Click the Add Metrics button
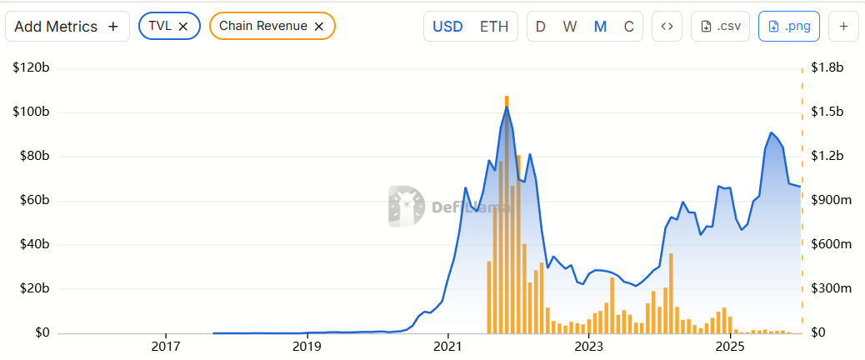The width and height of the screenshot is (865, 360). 67,26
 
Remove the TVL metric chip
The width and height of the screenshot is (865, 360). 183,26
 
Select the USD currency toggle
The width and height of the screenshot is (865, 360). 447,26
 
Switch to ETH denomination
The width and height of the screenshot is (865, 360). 494,26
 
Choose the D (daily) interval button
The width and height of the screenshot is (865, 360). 541,26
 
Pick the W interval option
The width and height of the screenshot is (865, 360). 570,26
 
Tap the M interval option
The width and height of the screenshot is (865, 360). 600,26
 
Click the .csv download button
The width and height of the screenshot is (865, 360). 720,26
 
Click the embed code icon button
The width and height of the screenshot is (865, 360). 667,26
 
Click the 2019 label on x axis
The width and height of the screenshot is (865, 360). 307,346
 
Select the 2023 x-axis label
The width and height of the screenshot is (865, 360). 588,346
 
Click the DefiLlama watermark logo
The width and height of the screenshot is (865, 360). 405,206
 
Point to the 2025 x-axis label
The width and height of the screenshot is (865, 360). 729,346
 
